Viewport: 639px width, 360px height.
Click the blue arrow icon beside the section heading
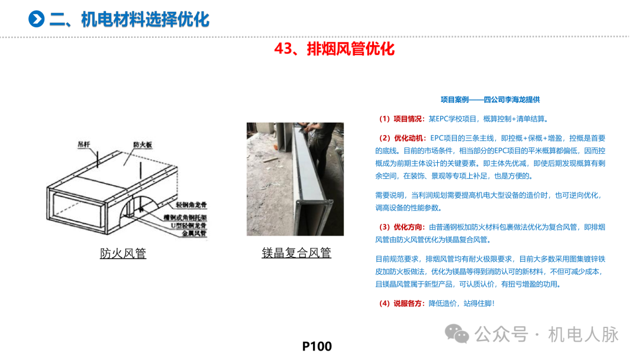[37, 19]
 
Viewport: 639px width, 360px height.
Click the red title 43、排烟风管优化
[334, 49]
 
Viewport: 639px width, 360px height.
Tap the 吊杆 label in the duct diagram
[86, 143]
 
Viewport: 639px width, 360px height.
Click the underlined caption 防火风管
[123, 253]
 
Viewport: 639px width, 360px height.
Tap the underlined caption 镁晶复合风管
[296, 253]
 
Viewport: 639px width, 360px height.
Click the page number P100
[317, 346]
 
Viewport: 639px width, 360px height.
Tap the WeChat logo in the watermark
[458, 334]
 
